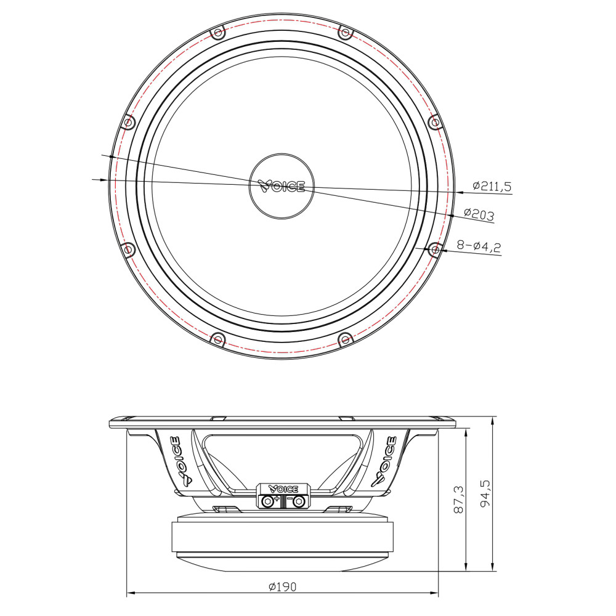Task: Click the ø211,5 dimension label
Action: click(492, 186)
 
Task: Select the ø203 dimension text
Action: click(479, 214)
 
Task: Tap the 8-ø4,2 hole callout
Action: click(479, 247)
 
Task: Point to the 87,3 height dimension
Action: click(458, 500)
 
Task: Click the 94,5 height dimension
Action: click(485, 493)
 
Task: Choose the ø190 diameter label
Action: click(283, 586)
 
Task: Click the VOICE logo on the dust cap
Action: click(282, 186)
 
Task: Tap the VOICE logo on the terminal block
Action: click(283, 489)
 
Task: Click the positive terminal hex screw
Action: click(268, 501)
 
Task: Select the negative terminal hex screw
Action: click(298, 501)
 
